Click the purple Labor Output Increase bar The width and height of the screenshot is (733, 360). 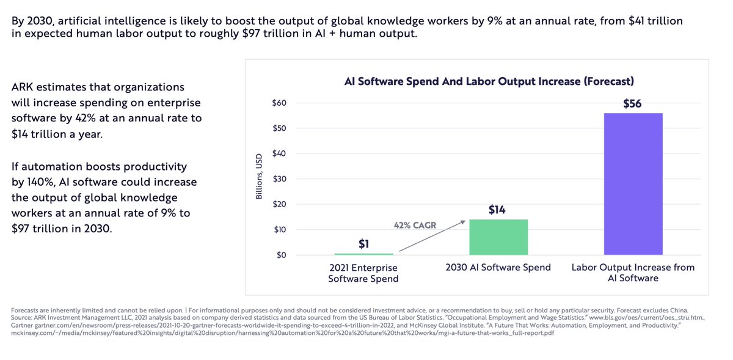click(x=633, y=183)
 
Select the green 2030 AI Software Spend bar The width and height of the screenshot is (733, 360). click(x=498, y=237)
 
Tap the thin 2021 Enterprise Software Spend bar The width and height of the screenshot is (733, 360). click(x=363, y=254)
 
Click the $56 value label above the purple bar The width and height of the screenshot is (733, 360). click(x=632, y=104)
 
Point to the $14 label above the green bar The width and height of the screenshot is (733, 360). click(x=498, y=210)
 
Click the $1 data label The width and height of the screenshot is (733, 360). click(x=363, y=244)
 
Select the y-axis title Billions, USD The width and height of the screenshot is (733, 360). click(x=259, y=177)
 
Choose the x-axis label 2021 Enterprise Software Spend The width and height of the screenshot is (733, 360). click(x=363, y=273)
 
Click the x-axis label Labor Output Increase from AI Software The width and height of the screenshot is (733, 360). click(x=633, y=273)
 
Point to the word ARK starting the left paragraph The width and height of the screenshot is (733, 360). click(x=24, y=87)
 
